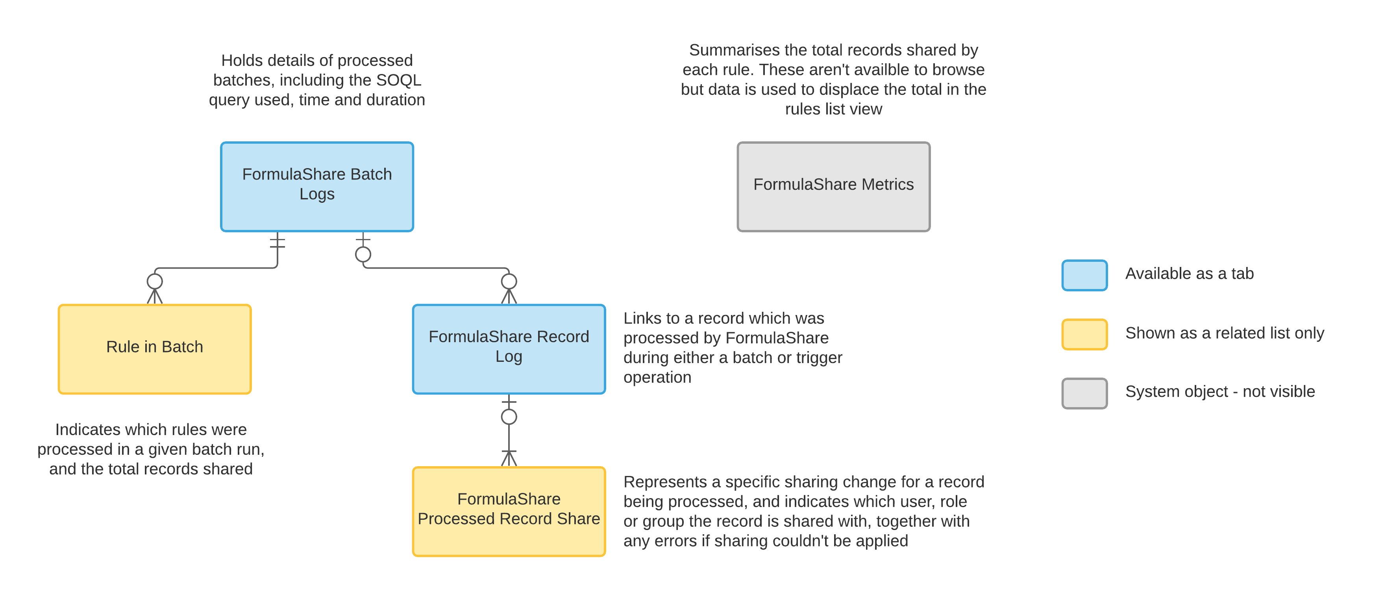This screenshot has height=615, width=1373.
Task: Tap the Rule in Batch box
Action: pyautogui.click(x=155, y=349)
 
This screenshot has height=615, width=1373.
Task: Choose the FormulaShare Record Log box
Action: pyautogui.click(x=509, y=349)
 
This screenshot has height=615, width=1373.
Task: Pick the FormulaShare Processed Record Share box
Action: pyautogui.click(x=509, y=511)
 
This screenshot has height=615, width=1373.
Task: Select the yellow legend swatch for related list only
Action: pyautogui.click(x=1084, y=334)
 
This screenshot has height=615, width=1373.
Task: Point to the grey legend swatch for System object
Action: pyautogui.click(x=1084, y=393)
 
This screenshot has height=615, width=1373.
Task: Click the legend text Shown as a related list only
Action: pyautogui.click(x=1224, y=333)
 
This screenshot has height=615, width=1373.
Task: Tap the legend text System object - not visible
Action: pyautogui.click(x=1219, y=392)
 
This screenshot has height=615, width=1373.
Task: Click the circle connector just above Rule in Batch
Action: pyautogui.click(x=155, y=281)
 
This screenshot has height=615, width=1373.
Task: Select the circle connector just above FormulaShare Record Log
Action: pyautogui.click(x=509, y=281)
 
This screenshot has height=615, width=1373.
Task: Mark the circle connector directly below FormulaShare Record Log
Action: pyautogui.click(x=509, y=417)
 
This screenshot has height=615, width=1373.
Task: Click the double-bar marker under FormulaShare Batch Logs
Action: pyautogui.click(x=277, y=243)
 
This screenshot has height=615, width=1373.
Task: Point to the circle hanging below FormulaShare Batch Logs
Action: pyautogui.click(x=363, y=254)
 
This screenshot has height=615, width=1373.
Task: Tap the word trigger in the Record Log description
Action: pyautogui.click(x=816, y=358)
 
